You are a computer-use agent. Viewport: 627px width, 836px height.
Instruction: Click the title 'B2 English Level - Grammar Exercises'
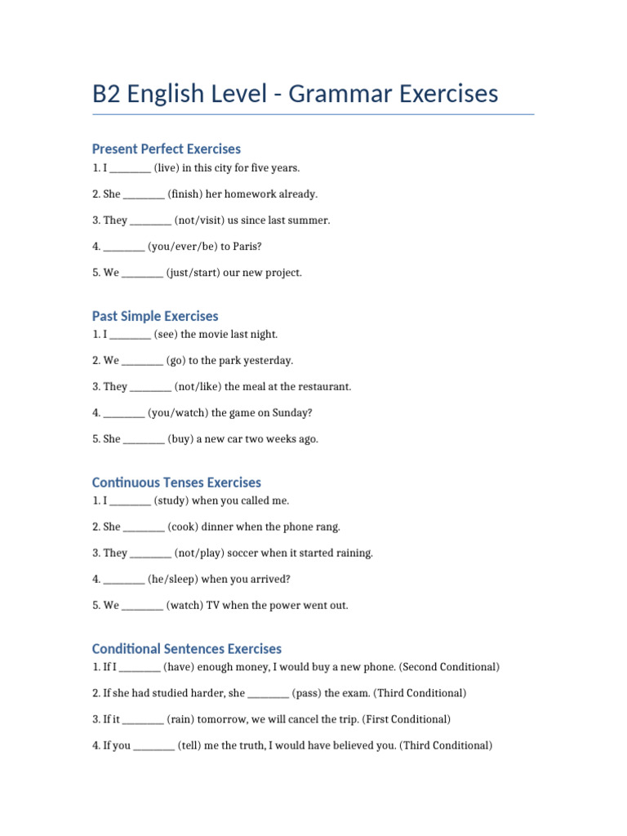click(295, 94)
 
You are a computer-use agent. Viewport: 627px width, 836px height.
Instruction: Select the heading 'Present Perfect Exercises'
click(167, 149)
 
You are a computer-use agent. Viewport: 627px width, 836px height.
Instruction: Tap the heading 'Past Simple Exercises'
click(155, 316)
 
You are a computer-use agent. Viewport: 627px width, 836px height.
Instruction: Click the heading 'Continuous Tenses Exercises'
click(176, 482)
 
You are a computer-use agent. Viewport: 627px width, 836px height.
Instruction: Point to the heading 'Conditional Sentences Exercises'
click(187, 649)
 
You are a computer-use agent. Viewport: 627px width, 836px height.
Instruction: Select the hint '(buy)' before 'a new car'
click(180, 439)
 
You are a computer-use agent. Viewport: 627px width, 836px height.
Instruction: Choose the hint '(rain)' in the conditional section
click(180, 720)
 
